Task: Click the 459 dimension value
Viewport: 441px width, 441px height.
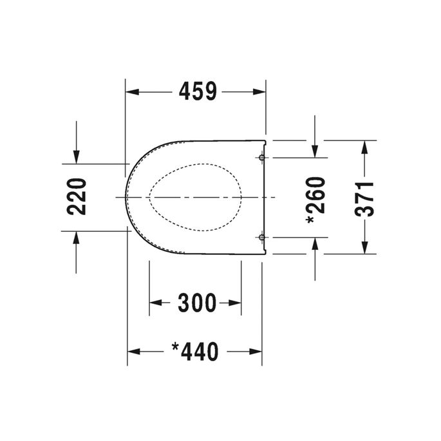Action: tap(196, 92)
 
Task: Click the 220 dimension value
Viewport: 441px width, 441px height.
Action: tap(76, 196)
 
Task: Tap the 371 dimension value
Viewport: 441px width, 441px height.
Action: tap(364, 197)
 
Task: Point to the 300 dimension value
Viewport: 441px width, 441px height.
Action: tap(196, 303)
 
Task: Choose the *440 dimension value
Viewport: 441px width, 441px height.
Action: tap(195, 352)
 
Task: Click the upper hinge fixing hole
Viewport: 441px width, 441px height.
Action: tap(261, 157)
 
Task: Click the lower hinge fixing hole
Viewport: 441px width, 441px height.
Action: tap(261, 238)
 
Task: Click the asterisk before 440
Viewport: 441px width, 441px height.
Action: tap(175, 348)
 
